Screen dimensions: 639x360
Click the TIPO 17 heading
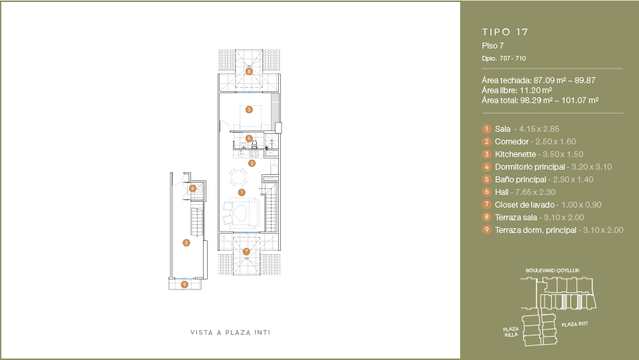[505, 32]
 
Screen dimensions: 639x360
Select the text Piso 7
[493, 46]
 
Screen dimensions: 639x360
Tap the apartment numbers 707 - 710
[513, 59]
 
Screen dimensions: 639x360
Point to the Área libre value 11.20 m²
[536, 90]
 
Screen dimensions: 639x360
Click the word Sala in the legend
[503, 128]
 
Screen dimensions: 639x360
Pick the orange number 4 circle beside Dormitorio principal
[487, 166]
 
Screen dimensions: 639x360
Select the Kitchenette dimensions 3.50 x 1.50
[563, 154]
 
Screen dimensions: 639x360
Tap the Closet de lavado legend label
[525, 204]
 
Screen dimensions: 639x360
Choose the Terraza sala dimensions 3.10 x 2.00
[564, 218]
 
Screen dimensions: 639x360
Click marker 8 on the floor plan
[249, 72]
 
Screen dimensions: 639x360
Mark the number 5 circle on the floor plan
[186, 243]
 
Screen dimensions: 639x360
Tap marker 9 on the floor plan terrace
[184, 284]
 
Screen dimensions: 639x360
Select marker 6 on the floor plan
[193, 188]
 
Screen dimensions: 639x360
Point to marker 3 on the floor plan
[249, 110]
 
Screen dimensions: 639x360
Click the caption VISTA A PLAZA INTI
[230, 332]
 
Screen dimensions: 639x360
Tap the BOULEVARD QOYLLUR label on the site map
[552, 270]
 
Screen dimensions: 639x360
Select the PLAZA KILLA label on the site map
[511, 332]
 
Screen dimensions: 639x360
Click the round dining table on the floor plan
[238, 177]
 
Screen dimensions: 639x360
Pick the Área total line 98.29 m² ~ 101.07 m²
[540, 100]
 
